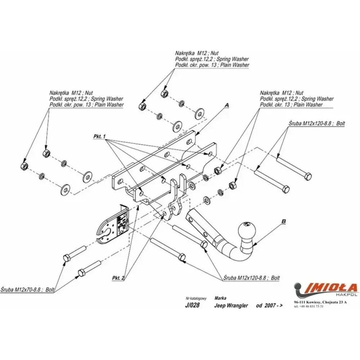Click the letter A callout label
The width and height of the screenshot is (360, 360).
[x=226, y=105]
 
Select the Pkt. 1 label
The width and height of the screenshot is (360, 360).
[x=99, y=137]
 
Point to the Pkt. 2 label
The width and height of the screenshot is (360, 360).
[x=118, y=278]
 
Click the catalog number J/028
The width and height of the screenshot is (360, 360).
[x=192, y=306]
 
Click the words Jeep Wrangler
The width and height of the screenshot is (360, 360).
[x=231, y=306]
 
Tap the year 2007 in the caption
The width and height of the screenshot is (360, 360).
[x=270, y=306]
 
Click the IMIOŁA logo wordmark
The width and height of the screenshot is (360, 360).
[x=331, y=287]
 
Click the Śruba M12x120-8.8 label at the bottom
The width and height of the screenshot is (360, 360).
[x=251, y=278]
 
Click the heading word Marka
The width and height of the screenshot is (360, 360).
[x=220, y=298]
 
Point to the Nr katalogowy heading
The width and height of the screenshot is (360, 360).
[x=195, y=298]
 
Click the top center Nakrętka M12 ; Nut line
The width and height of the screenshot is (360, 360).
[x=197, y=53]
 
